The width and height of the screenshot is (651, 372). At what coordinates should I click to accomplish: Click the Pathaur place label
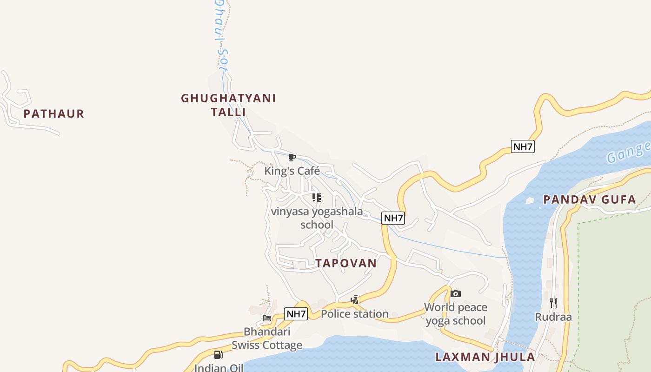[x=54, y=114]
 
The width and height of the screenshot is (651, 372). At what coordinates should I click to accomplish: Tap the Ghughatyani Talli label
[x=228, y=105]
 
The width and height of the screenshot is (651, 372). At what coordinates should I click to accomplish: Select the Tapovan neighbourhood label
[x=346, y=263]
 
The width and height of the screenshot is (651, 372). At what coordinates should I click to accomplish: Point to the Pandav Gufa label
[x=590, y=200]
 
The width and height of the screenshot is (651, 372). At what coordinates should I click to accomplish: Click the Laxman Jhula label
[x=485, y=357]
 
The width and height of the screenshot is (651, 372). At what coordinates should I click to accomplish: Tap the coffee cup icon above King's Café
[x=292, y=158]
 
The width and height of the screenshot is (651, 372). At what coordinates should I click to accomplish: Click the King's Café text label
[x=292, y=171]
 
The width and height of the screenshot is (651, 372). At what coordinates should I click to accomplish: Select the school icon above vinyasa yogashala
[x=317, y=198]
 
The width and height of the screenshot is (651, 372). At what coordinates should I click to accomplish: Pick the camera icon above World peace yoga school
[x=456, y=293]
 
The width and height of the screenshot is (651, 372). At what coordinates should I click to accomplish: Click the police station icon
[x=355, y=300]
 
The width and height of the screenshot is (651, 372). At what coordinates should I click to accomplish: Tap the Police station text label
[x=355, y=314]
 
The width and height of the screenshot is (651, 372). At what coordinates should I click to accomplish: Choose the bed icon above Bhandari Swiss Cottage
[x=267, y=318]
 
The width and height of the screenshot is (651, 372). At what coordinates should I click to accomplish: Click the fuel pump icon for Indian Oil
[x=218, y=355]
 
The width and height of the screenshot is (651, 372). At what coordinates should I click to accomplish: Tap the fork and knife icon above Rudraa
[x=553, y=303]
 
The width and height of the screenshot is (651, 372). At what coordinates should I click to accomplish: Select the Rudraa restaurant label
[x=553, y=317]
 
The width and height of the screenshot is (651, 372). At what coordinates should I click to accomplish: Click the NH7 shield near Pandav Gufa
[x=523, y=147]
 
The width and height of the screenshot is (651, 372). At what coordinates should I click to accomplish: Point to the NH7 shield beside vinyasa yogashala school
[x=393, y=218]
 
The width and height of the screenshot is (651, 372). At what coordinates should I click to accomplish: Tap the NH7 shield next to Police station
[x=296, y=314]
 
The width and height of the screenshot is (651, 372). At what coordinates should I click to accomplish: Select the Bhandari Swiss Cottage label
[x=267, y=339]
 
